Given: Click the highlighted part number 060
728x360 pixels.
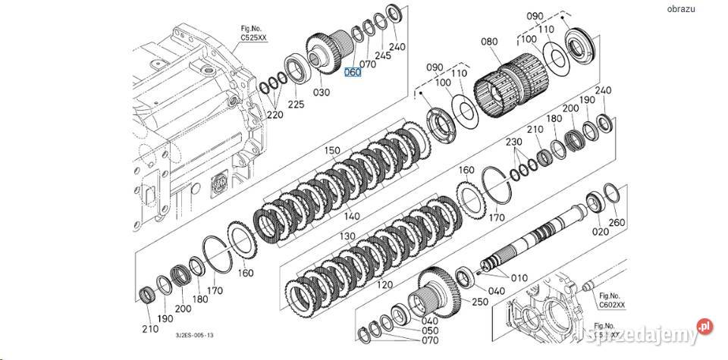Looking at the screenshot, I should point(353,72).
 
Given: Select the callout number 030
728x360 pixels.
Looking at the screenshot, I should point(322,92).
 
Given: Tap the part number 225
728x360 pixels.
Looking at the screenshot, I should point(295,104).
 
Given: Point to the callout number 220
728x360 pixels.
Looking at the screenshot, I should point(275,114).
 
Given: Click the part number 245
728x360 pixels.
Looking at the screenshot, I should point(383,55).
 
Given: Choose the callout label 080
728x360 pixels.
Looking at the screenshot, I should point(490,43).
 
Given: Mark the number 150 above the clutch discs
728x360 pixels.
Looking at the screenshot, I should point(334,151).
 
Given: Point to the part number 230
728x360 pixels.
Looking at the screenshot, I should point(513,142).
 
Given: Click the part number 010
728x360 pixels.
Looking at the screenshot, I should point(519,277).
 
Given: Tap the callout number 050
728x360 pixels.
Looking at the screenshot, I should point(430,331).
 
